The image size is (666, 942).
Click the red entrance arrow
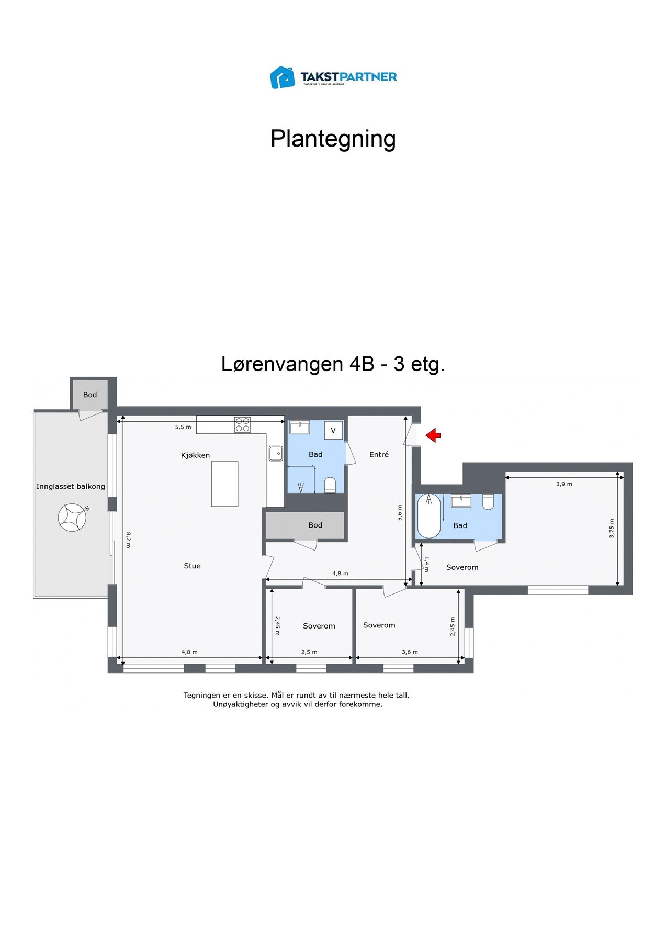pos(433,435)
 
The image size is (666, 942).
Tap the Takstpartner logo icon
pos(282,77)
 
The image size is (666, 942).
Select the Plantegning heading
pos(333,139)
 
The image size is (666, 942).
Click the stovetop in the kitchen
pos(242,424)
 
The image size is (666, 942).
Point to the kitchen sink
pos(276,453)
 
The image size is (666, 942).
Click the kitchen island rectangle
pos(224,484)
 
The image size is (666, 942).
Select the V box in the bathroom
pos(333,430)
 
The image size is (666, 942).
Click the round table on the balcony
pos(72,518)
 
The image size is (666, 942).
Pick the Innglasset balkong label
pos(71,486)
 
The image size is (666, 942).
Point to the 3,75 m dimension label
pos(612,529)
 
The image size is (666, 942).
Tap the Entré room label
pos(379,455)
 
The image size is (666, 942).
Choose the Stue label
pos(192,566)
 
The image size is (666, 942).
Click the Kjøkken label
pos(195,455)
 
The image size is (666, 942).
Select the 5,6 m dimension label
pos(400,512)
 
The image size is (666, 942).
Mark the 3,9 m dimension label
pos(564,484)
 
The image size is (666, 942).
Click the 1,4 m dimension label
pos(426,564)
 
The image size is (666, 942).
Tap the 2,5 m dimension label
pos(309,652)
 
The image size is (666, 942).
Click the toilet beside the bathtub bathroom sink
pos(488,502)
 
